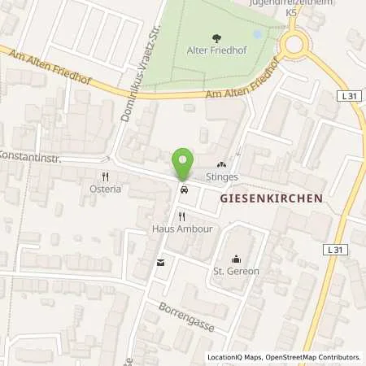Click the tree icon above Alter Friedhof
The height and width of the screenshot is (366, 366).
tap(216, 37)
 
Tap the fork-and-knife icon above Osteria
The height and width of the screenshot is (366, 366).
tap(105, 176)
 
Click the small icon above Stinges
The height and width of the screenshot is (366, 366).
tap(221, 163)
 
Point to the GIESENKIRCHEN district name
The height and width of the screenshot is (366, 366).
tap(272, 198)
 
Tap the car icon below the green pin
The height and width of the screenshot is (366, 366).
tap(184, 190)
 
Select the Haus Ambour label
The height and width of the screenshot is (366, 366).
tap(181, 229)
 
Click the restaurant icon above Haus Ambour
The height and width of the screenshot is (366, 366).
tap(181, 217)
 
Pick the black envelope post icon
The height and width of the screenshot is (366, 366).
tap(160, 262)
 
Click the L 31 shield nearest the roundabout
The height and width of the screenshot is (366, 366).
tap(349, 95)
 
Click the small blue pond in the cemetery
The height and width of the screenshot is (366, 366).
tap(258, 35)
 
